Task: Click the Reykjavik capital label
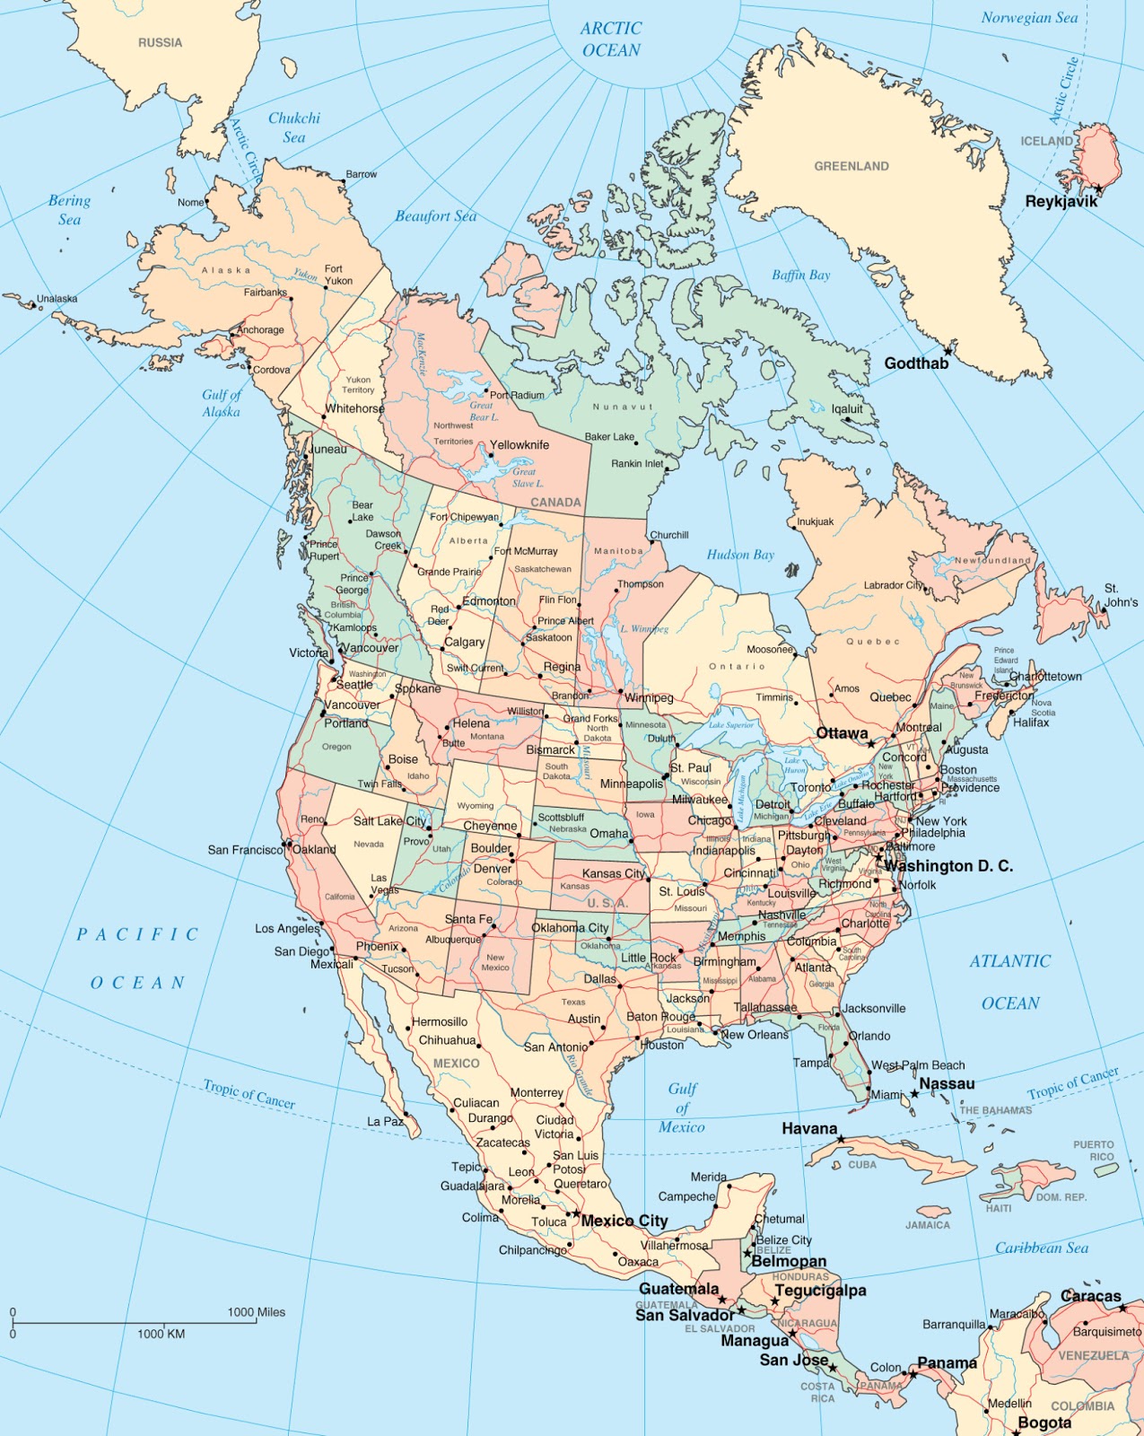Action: [1061, 201]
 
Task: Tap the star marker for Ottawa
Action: [870, 744]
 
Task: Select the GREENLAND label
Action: [851, 166]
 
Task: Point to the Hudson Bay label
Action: [739, 555]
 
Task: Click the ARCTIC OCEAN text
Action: [611, 39]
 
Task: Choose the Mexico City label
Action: [624, 1221]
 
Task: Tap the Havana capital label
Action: [809, 1128]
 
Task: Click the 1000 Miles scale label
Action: [256, 1312]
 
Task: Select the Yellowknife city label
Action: [520, 444]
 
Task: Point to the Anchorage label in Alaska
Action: [260, 330]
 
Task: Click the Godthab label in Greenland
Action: [916, 363]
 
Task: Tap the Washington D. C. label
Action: [948, 866]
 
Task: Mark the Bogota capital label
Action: [1044, 1423]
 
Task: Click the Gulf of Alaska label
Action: [222, 403]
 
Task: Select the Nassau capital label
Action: [947, 1083]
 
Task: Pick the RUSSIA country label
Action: [160, 43]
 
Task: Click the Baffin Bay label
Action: [800, 276]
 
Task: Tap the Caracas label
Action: [1090, 1296]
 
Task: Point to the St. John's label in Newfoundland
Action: [1121, 595]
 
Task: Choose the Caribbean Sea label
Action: [1041, 1248]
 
